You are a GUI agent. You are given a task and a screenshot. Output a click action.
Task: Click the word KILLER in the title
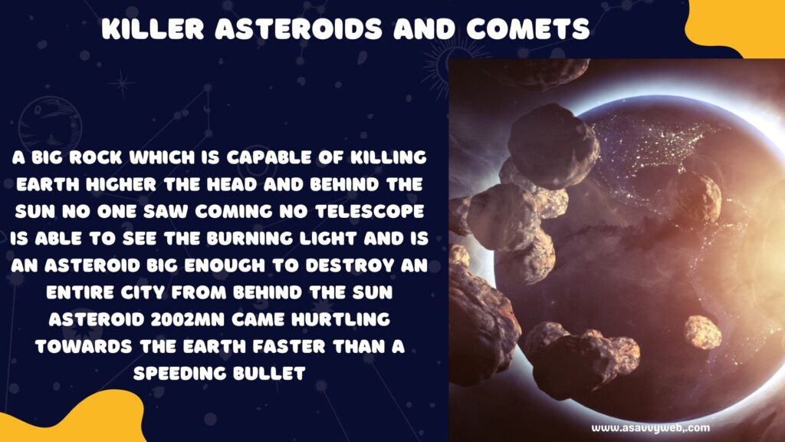pos(153,28)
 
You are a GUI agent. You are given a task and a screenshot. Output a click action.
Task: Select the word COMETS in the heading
pos(528,28)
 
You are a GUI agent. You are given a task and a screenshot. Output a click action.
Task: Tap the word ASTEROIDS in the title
pos(299,28)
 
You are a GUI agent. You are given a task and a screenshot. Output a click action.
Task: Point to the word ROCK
pos(96,157)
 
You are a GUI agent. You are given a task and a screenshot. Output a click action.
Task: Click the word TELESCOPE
pos(370,212)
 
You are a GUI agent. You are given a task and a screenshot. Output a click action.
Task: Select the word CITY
pos(143,292)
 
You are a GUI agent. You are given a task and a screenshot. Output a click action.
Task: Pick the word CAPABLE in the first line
pos(269,157)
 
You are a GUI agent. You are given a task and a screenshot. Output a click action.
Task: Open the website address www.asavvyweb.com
pos(651,428)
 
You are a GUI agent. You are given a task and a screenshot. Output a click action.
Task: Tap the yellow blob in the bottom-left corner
pos(70,418)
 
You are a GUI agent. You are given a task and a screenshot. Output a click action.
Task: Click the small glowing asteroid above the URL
pos(703,331)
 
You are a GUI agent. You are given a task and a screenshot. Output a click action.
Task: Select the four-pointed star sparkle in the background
pos(122,84)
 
